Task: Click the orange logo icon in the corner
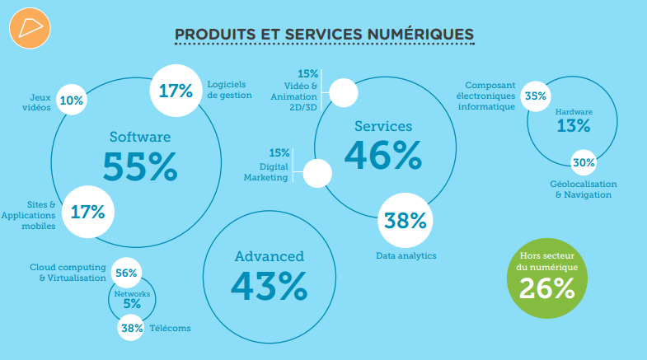click(x=30, y=30)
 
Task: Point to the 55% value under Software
click(x=140, y=166)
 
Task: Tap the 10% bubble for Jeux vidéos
click(x=72, y=101)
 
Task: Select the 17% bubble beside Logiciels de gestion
click(x=175, y=90)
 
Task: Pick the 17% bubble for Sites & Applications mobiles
click(x=87, y=212)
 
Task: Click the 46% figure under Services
click(x=383, y=154)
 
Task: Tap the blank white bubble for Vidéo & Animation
click(x=343, y=92)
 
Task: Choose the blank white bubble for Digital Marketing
click(x=317, y=173)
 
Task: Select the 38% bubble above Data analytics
click(x=405, y=220)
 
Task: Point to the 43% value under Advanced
click(x=269, y=285)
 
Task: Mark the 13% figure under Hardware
click(x=574, y=126)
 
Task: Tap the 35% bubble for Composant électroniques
click(x=536, y=96)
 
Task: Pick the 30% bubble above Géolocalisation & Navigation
click(x=584, y=162)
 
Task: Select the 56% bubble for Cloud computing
click(x=127, y=273)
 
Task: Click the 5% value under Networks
click(x=132, y=303)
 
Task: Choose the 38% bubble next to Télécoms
click(x=132, y=328)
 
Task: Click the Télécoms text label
click(x=170, y=328)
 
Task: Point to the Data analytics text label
click(x=405, y=255)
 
